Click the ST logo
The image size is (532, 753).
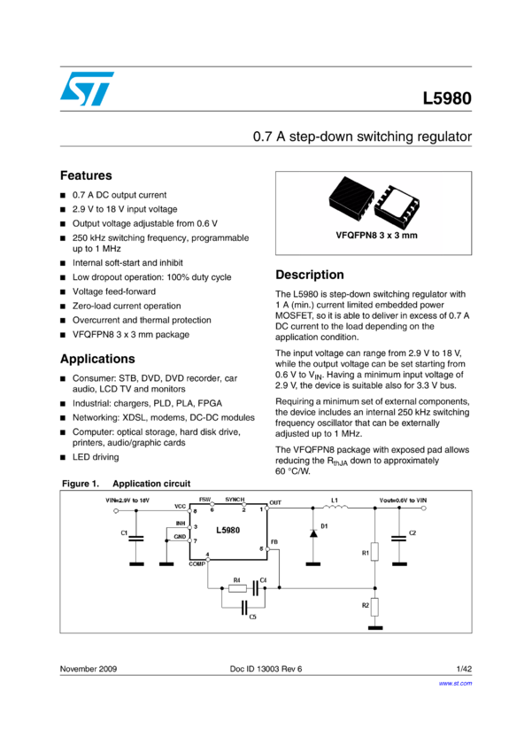coord(87,89)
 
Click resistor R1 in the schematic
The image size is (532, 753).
coord(374,551)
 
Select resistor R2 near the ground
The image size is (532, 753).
coord(374,606)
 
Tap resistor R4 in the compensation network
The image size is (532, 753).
coord(236,587)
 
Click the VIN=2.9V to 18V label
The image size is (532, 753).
coord(127,501)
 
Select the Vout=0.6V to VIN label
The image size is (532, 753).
coord(403,501)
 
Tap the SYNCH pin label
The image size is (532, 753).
coord(236,501)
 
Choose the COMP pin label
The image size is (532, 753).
coord(197,563)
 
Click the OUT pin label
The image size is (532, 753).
coord(275,502)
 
